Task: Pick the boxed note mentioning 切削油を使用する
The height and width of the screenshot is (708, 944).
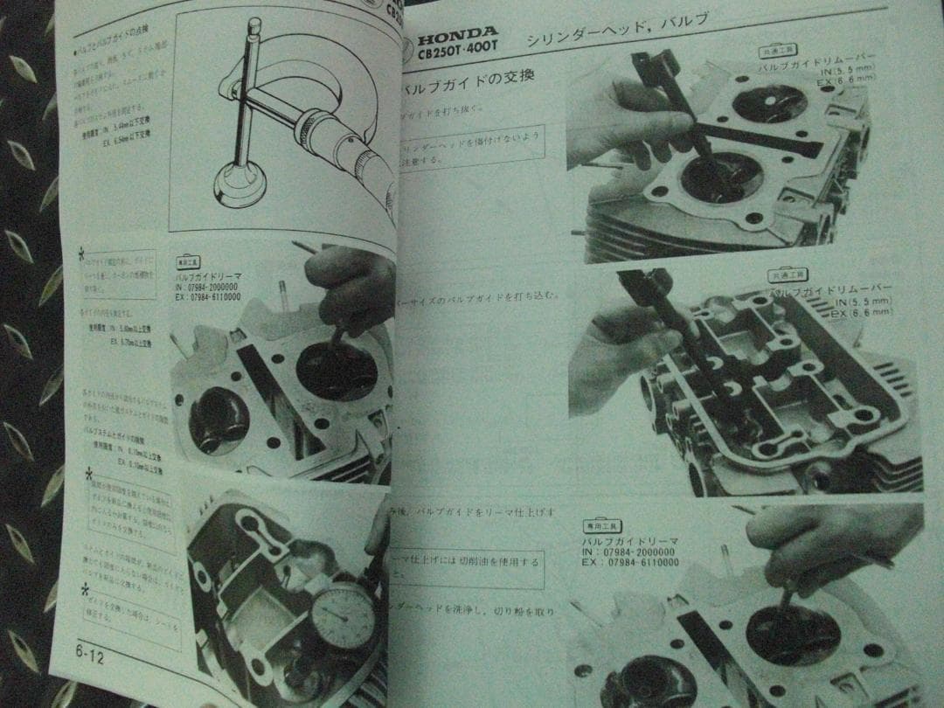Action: point(468,569)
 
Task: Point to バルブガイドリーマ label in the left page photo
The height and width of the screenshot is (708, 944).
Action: point(210,276)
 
